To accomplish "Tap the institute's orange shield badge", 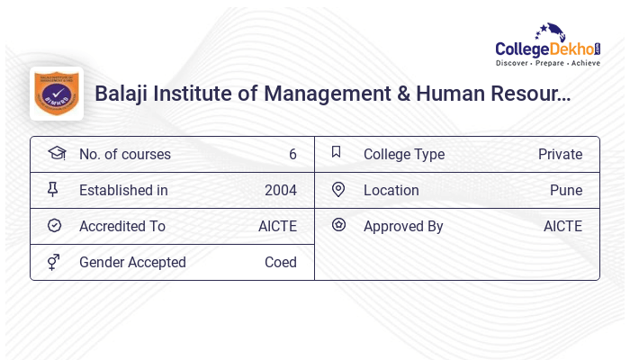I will tap(57, 93).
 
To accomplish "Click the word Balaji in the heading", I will tap(121, 93).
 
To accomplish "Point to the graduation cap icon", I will tap(56, 153).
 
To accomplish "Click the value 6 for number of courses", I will tap(292, 154).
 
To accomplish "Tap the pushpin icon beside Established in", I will tap(53, 189).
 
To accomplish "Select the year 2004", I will tap(280, 190).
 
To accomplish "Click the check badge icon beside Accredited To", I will tap(54, 225).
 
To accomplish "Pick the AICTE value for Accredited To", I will tap(277, 226).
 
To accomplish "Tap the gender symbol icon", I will tap(54, 262).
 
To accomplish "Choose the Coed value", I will tap(280, 262).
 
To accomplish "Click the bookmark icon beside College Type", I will tap(337, 152).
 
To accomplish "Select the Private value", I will tap(560, 154).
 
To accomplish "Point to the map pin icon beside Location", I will tap(338, 189).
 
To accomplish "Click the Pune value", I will tap(566, 190).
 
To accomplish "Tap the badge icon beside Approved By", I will tap(338, 225).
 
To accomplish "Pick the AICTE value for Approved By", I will tap(562, 226).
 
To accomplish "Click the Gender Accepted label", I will tap(132, 262).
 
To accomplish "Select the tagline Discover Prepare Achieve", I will tap(547, 64).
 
